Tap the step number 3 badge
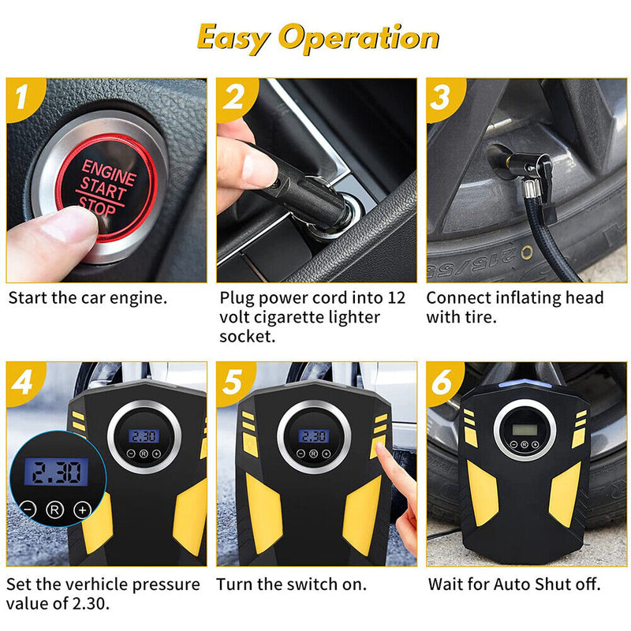(x=440, y=98)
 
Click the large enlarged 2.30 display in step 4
(x=51, y=472)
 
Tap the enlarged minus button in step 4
(x=28, y=510)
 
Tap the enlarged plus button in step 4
(x=81, y=510)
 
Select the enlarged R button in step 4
(x=54, y=510)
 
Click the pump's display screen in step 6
(x=525, y=429)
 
